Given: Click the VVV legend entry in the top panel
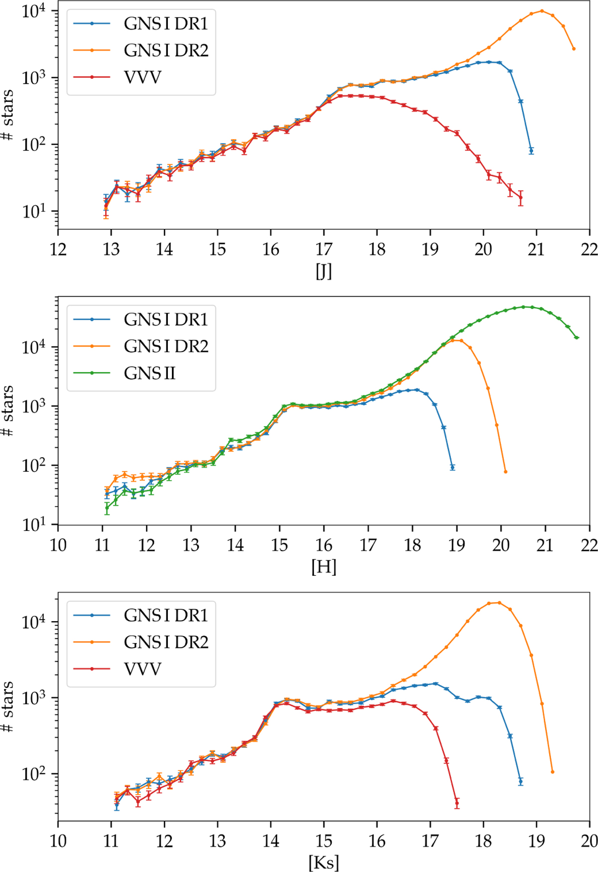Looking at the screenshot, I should click(x=143, y=77).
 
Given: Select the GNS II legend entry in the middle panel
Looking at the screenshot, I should click(x=149, y=373).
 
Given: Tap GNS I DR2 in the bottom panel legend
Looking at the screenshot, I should click(x=166, y=642).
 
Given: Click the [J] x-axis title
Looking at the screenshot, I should click(x=323, y=272).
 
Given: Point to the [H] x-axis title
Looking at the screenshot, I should click(x=323, y=567).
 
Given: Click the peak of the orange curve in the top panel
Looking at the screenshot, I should click(x=542, y=11).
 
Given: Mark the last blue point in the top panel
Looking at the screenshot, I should click(x=531, y=151).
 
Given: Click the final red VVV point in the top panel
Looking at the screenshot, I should click(x=521, y=197).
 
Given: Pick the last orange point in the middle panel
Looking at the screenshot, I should click(x=506, y=472).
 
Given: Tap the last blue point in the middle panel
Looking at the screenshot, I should click(x=452, y=467).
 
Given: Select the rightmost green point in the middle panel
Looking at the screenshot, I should click(x=577, y=338).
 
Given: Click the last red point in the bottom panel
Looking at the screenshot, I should click(x=457, y=803).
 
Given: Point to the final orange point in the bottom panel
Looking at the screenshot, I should click(x=553, y=772).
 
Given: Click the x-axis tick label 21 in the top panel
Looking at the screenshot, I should click(x=536, y=249).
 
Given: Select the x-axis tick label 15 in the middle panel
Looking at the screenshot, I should click(x=280, y=544).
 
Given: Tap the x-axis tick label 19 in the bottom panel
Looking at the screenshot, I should click(x=536, y=841).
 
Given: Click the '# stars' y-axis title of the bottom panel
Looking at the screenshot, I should click(x=8, y=706).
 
